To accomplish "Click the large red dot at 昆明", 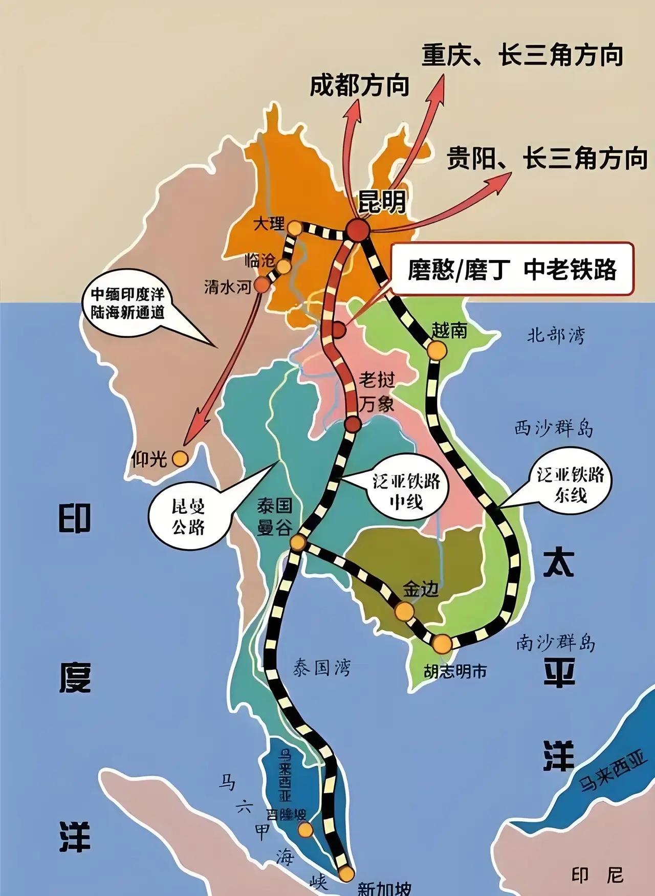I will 358,230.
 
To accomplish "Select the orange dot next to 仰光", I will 179,458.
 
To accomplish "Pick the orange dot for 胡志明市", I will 442,643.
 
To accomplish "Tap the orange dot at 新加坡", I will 347,872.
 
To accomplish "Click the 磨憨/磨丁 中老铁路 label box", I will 512,269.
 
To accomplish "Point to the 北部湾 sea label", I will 556,336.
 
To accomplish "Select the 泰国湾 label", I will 322,667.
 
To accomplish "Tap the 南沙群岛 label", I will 556,643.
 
